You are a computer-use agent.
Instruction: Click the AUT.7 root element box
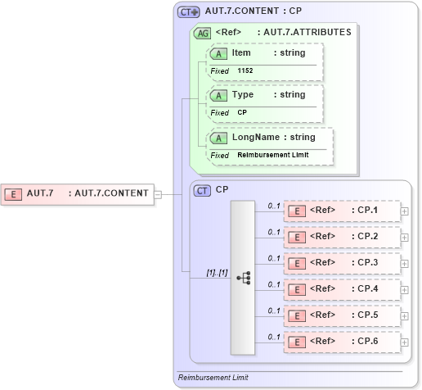point(78,193)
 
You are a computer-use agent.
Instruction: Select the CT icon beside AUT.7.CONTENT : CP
point(189,12)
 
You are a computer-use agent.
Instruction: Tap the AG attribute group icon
point(201,34)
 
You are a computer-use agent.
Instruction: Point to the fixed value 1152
point(245,71)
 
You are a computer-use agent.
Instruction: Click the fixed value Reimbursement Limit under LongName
point(272,155)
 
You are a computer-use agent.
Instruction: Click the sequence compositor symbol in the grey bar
point(243,278)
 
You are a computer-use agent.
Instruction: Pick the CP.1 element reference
point(342,211)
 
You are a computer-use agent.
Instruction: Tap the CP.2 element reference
point(342,237)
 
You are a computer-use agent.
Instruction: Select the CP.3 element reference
point(342,263)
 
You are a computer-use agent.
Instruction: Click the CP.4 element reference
point(342,289)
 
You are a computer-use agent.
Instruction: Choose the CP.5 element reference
point(342,315)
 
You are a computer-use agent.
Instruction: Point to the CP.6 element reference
point(342,342)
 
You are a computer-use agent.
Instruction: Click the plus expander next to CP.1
point(405,211)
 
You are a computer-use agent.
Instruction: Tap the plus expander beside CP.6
point(405,342)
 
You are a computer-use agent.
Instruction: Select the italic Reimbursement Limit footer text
point(213,378)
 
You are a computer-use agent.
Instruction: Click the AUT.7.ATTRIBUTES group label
point(303,33)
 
